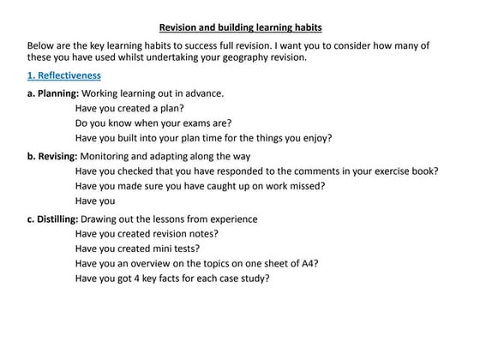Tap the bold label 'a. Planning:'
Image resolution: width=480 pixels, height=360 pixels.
(x=53, y=93)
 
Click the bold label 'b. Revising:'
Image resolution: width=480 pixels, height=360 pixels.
(x=53, y=156)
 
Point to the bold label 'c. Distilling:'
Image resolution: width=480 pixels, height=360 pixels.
(x=56, y=219)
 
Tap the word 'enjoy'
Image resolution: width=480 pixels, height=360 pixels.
(x=315, y=137)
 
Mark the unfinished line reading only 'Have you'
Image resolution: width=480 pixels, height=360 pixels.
(x=95, y=201)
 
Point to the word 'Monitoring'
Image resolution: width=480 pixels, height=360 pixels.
(x=109, y=156)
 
